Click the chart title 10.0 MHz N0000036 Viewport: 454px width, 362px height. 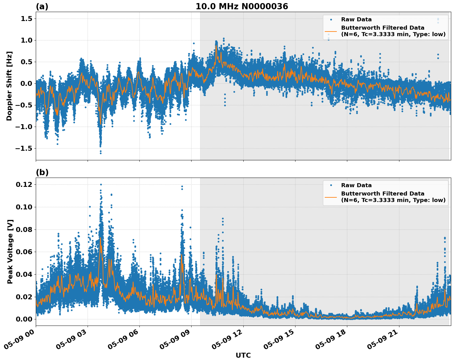(241, 6)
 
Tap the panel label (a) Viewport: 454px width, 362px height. (42, 6)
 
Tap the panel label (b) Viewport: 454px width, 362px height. (42, 172)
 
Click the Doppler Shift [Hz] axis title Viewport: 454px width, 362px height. (9, 86)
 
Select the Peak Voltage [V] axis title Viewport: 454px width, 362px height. (10, 251)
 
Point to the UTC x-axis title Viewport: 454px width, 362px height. (243, 355)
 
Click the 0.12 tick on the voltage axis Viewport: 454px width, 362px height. (24, 185)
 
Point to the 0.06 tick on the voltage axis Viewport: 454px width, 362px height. (24, 252)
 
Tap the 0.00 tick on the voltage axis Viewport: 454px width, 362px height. (24, 319)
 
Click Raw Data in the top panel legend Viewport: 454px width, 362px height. (356, 19)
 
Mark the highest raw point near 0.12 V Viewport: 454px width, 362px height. (101, 185)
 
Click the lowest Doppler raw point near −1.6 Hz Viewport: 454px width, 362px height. (101, 153)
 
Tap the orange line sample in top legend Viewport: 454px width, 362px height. (331, 31)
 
